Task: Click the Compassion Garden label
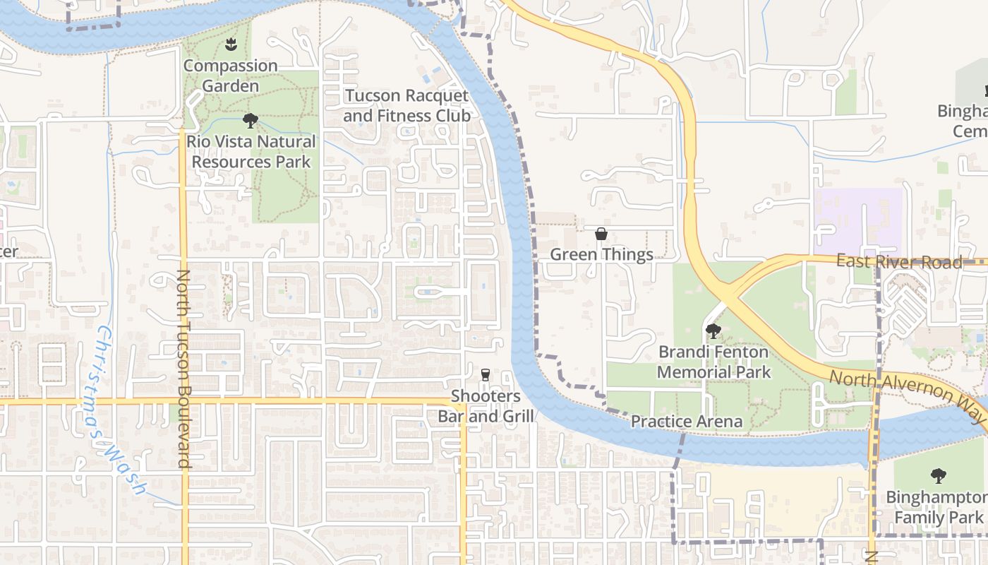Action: tap(231, 76)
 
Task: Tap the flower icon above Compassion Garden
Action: tap(230, 46)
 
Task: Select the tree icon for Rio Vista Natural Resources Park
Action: tap(250, 121)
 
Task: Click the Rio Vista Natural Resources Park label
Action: tap(251, 151)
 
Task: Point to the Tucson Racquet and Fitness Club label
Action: tap(406, 105)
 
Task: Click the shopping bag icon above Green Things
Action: tap(601, 234)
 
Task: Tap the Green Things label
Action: tap(601, 254)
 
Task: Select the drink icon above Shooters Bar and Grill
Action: tap(486, 374)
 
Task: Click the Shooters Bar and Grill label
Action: tap(486, 406)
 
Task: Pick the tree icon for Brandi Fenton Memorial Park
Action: tap(713, 331)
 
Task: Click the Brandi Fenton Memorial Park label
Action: tap(714, 362)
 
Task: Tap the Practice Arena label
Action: tap(686, 422)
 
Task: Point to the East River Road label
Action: tap(899, 262)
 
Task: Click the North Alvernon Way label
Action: tap(906, 397)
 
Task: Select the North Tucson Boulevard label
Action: tap(184, 369)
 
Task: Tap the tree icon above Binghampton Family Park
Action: tap(939, 476)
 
